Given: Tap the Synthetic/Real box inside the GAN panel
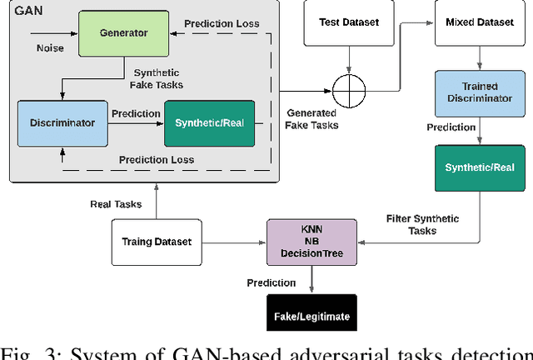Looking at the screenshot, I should (209, 122).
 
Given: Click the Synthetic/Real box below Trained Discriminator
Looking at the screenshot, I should (480, 167).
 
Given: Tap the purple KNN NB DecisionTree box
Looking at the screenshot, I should (311, 242).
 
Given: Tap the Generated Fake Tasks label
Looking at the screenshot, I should (311, 118).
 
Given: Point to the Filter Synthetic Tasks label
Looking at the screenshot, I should (422, 224).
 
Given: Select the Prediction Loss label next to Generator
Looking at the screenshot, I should (222, 24).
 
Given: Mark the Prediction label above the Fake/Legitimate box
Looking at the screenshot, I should (271, 283).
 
